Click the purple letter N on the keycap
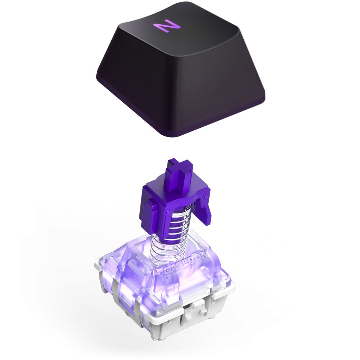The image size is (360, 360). click(x=166, y=26)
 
